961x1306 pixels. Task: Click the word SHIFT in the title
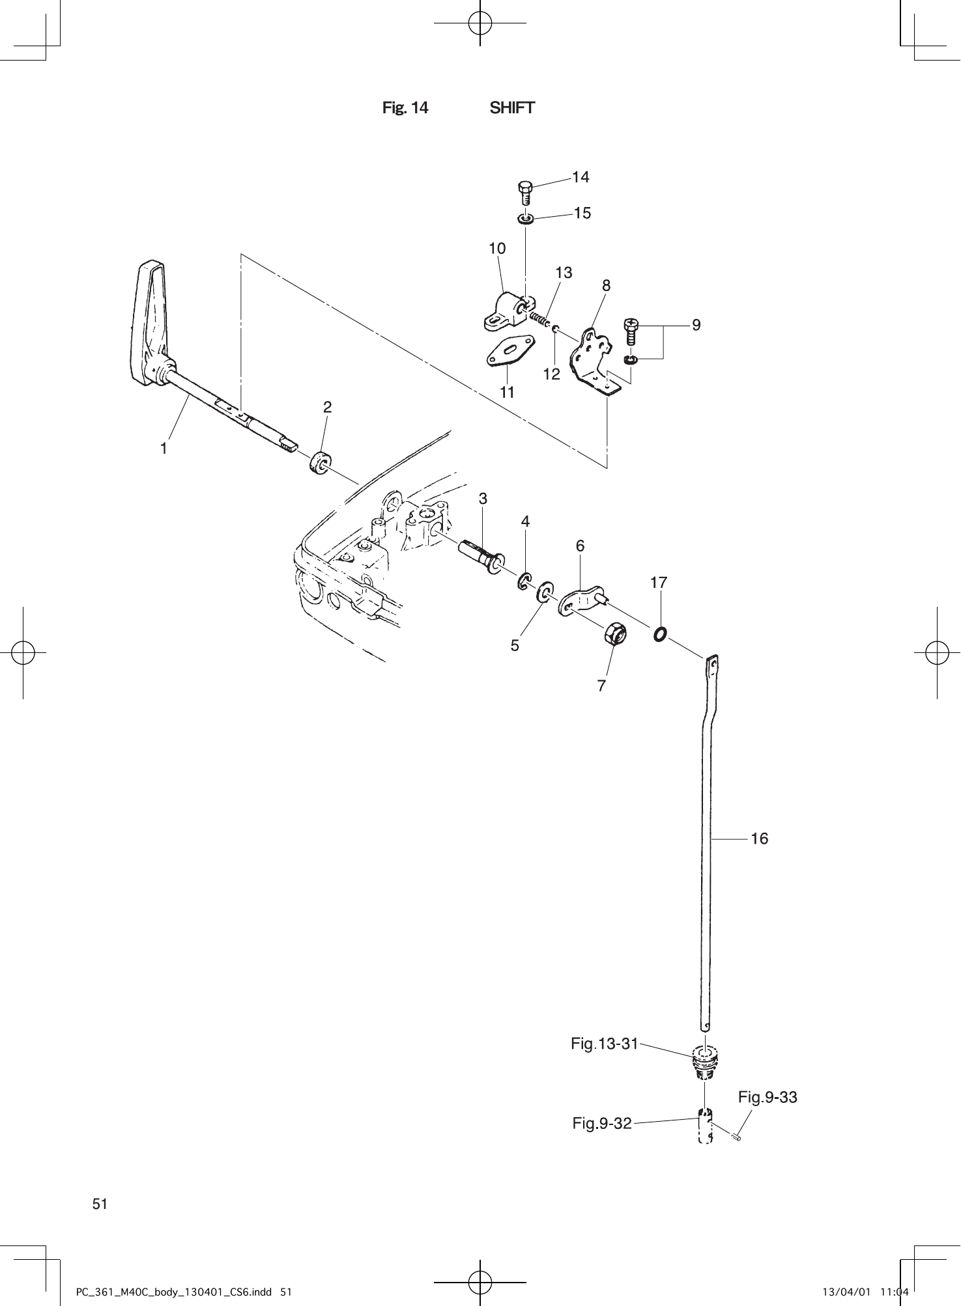(512, 108)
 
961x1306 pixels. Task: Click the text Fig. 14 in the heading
(405, 108)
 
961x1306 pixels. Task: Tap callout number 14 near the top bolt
(581, 177)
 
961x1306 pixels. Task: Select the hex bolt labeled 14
(524, 193)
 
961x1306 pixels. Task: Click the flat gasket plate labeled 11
(510, 351)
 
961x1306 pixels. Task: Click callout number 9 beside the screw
(696, 325)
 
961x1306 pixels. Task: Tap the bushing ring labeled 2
(319, 462)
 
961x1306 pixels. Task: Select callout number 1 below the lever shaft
(164, 449)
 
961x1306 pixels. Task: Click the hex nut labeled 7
(616, 633)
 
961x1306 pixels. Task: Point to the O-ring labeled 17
(659, 633)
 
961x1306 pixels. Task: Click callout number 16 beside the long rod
(760, 839)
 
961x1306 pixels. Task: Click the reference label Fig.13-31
(604, 1044)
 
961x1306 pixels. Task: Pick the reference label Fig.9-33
(767, 1098)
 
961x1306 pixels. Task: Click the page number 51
(100, 1204)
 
